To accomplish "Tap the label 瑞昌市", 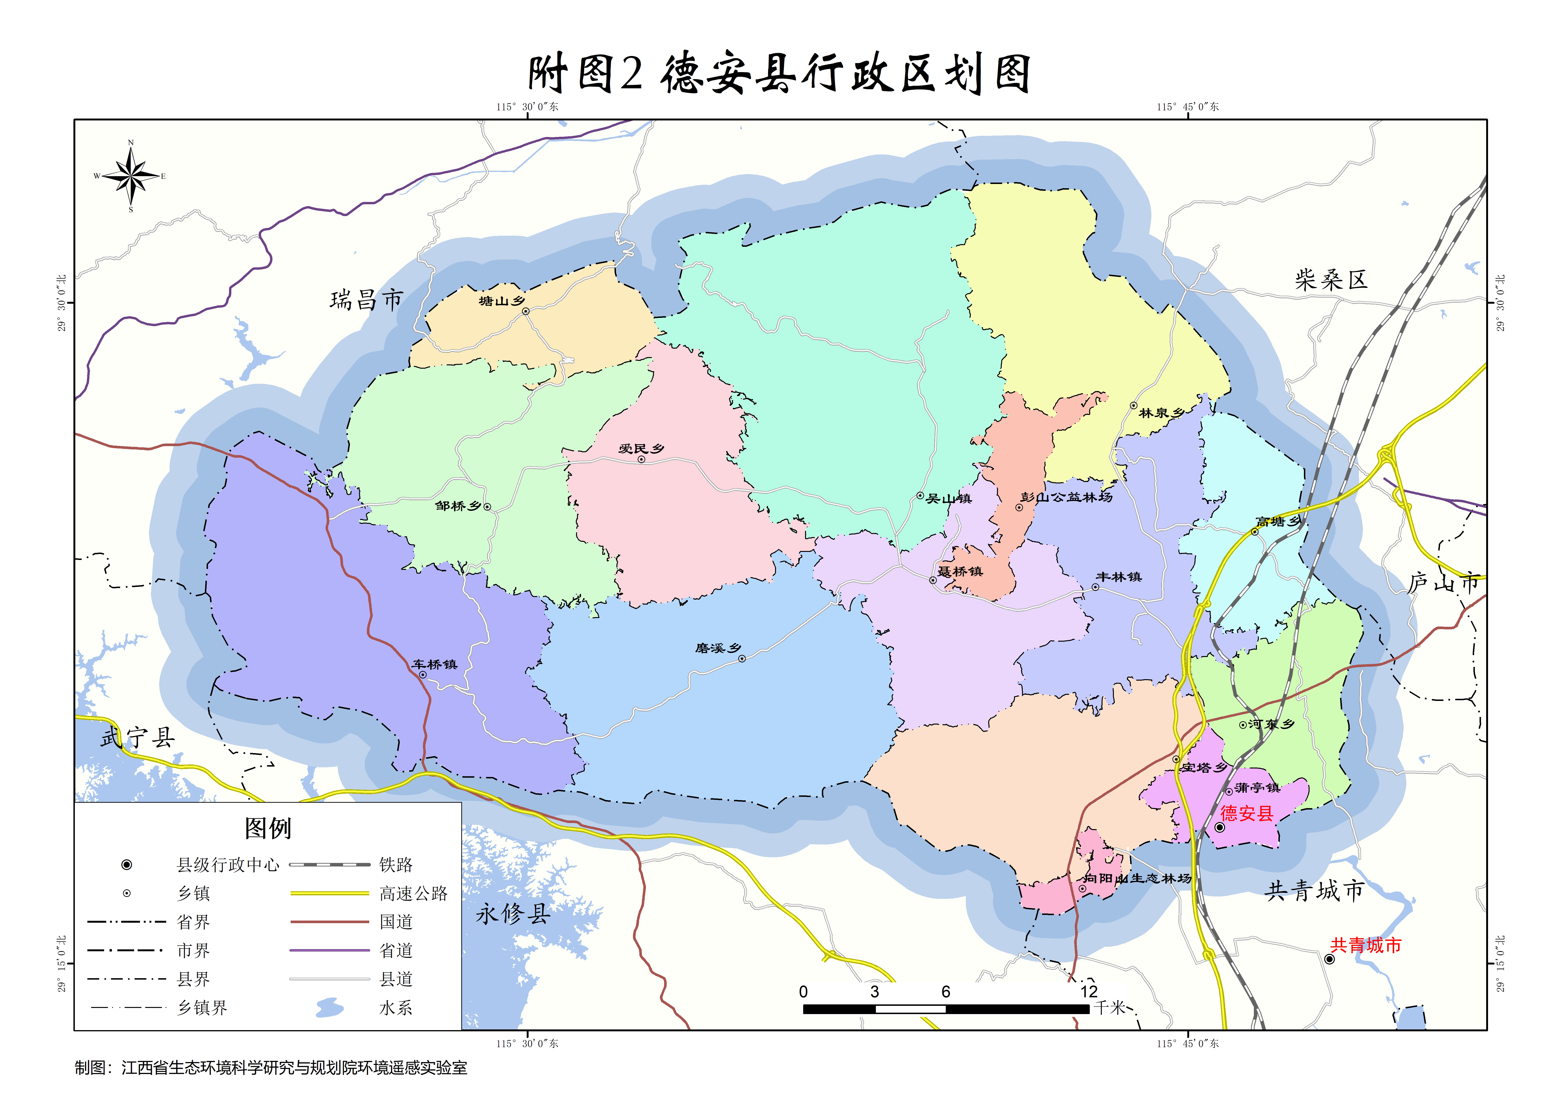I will (367, 300).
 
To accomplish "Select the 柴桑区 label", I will (1331, 280).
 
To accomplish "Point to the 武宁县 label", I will (138, 737).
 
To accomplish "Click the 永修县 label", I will (513, 913).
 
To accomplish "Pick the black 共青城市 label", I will (1314, 891).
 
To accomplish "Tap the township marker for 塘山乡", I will (526, 312).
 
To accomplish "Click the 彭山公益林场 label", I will (1066, 497).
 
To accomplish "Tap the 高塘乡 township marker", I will (1255, 532).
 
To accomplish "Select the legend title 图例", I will (268, 828).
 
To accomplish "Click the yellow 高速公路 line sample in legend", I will (330, 893).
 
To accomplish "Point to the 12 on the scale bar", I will (1089, 991).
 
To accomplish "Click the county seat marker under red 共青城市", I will (1329, 959).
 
